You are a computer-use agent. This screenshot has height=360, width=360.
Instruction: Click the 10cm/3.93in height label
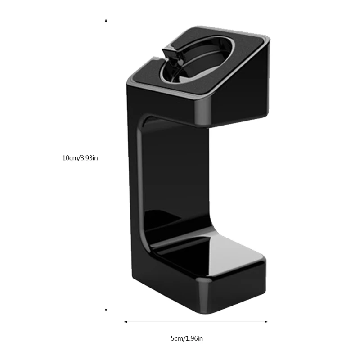pos(80,158)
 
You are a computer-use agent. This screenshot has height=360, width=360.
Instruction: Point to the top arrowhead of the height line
pos(106,21)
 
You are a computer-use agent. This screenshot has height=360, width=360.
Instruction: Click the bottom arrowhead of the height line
pos(106,310)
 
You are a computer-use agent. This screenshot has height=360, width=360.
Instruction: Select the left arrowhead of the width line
pos(126,322)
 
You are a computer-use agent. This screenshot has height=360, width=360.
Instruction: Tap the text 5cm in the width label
pos(176,338)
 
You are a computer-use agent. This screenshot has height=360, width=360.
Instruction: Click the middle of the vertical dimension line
pos(106,166)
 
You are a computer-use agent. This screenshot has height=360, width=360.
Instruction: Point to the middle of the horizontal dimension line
pos(196,322)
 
